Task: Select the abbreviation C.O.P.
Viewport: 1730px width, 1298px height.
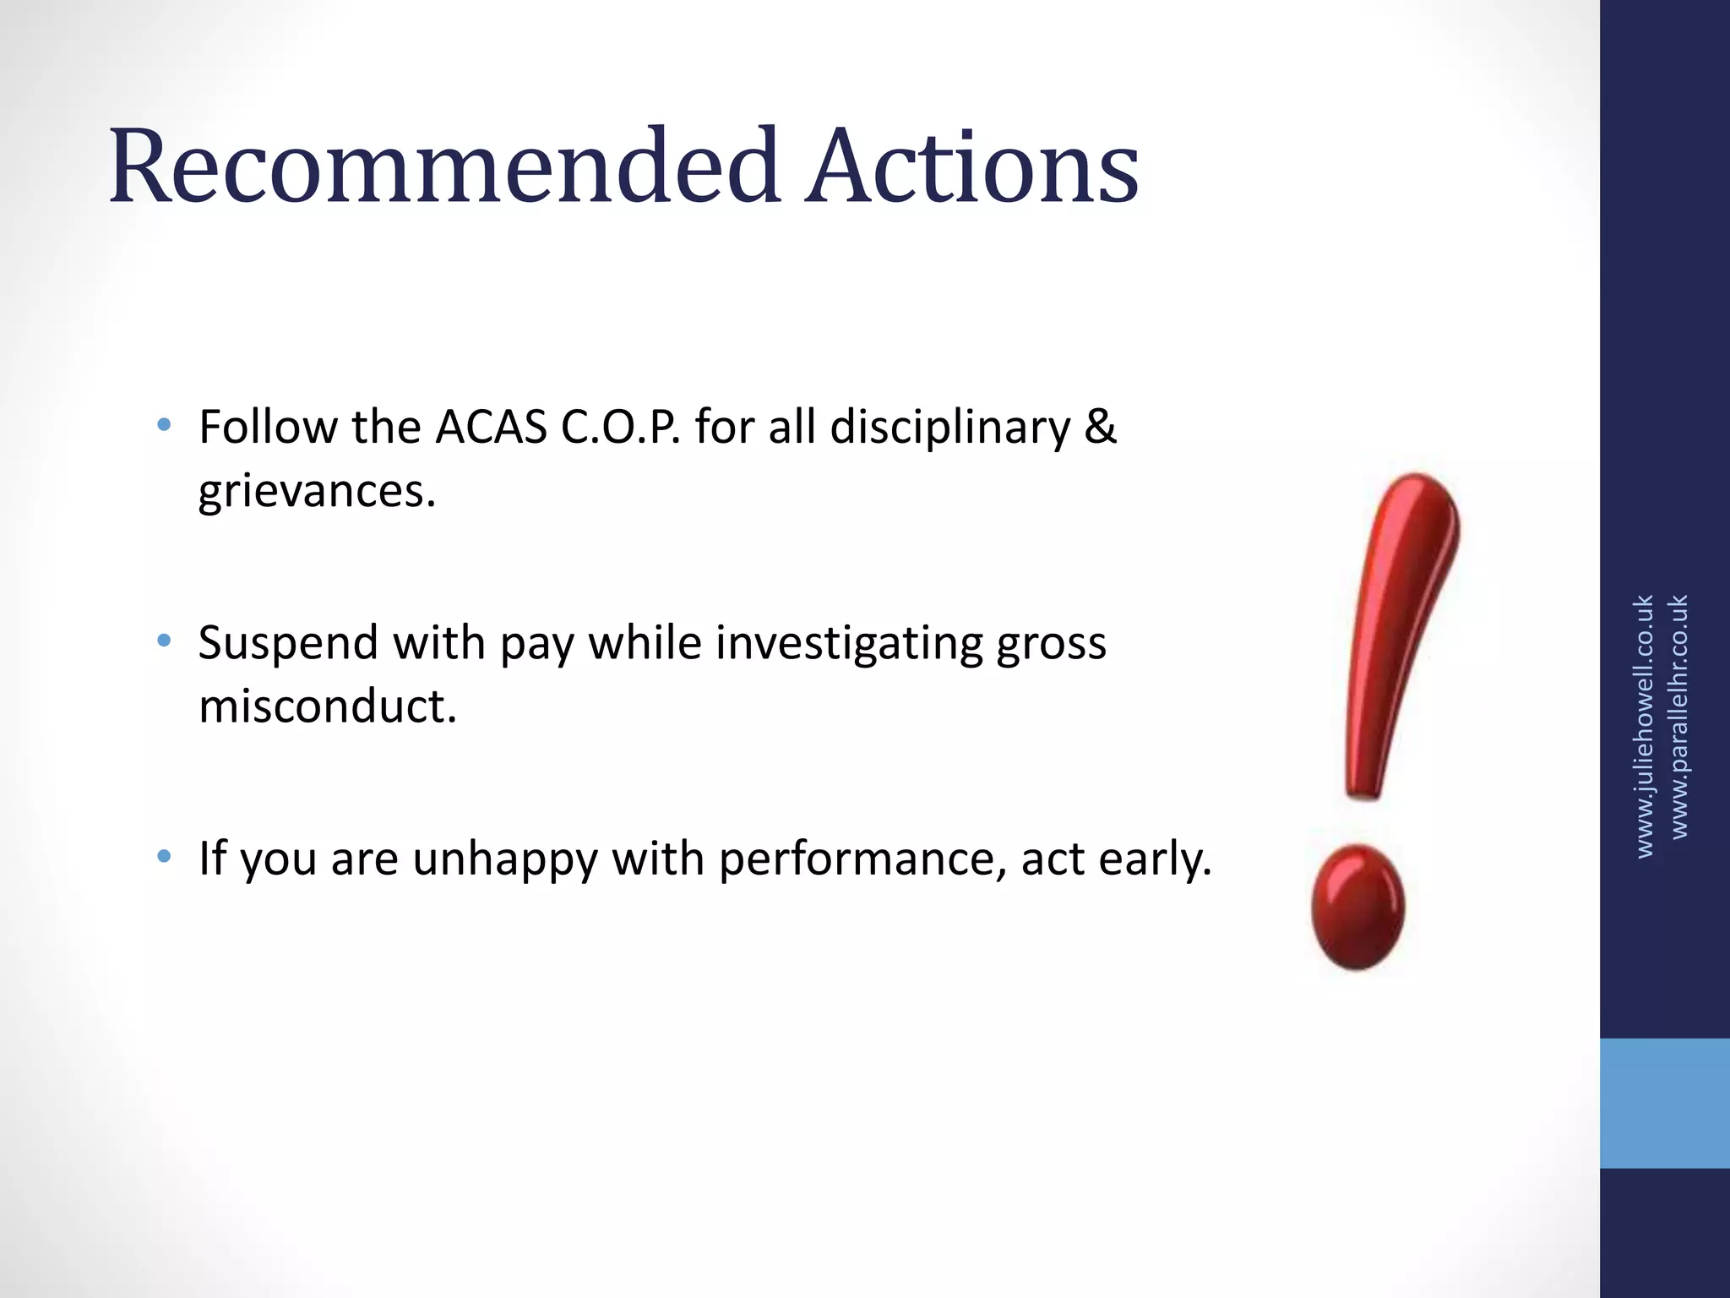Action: tap(621, 427)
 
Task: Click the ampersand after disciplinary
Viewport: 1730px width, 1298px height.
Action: tap(1100, 427)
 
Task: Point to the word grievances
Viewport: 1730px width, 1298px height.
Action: tap(317, 492)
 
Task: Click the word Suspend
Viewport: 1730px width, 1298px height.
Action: tap(286, 643)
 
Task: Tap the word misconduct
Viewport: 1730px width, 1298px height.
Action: tap(327, 706)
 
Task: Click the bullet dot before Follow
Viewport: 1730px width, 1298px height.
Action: tap(164, 424)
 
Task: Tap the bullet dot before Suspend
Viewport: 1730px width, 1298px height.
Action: tap(164, 641)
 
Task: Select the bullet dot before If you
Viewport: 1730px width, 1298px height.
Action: tap(164, 857)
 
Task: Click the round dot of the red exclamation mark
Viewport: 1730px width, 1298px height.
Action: tap(1357, 907)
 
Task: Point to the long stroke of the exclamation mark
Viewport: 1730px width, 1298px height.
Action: tap(1398, 634)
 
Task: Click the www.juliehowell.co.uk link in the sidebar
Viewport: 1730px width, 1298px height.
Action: tap(1644, 727)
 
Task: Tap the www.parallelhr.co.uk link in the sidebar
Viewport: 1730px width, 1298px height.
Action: tap(1679, 717)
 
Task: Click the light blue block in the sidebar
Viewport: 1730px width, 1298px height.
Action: tap(1664, 1103)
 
